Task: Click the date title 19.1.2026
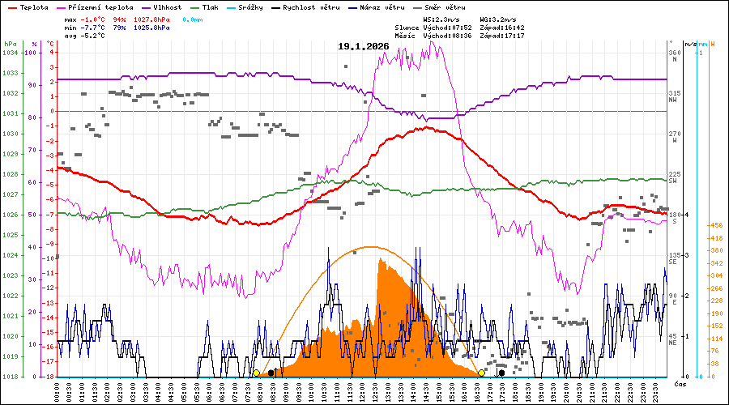point(364,46)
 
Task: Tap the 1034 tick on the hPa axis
point(10,53)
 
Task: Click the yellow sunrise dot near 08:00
point(257,373)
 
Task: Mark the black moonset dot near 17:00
point(501,373)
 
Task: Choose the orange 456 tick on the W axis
point(715,226)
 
